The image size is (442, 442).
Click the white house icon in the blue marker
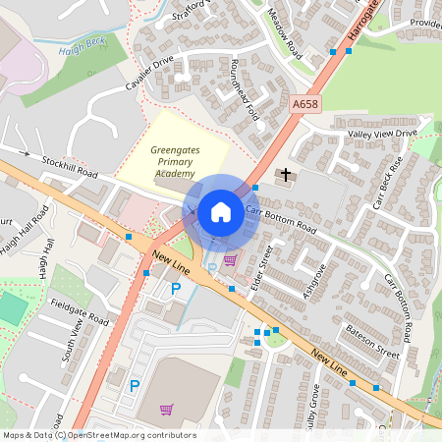[221, 211]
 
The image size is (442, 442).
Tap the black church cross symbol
[286, 176]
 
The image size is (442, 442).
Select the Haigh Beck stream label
[80, 48]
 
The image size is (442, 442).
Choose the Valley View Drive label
[381, 133]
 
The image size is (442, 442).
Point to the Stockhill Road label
[70, 166]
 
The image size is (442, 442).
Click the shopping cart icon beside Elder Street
[230, 260]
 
